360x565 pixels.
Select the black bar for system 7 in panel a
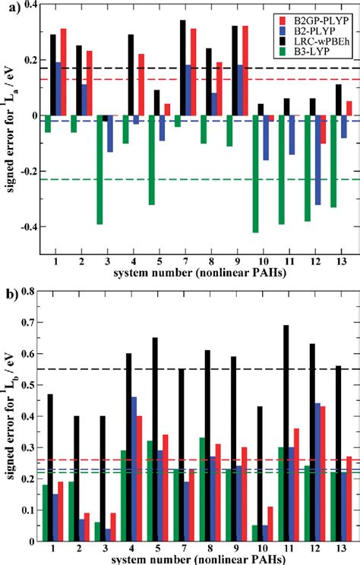[x=182, y=68]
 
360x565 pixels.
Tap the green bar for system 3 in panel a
[x=99, y=169]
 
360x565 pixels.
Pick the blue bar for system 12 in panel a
[x=317, y=159]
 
